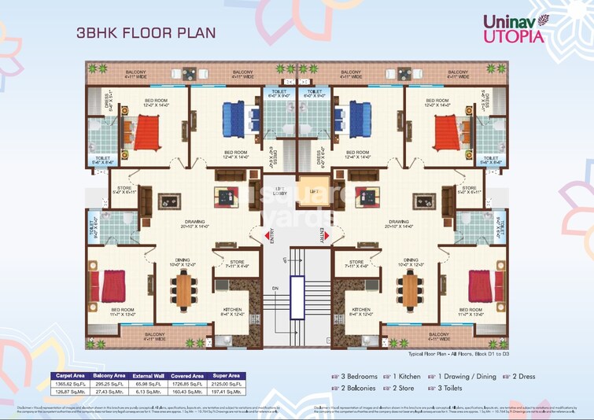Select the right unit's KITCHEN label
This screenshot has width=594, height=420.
coord(361,310)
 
